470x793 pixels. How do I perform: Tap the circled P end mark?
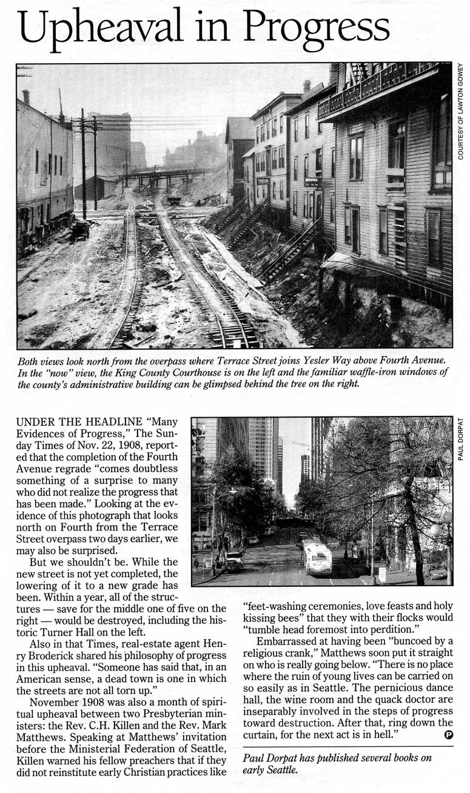click(x=449, y=735)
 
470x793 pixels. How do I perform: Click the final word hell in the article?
click(x=386, y=735)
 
